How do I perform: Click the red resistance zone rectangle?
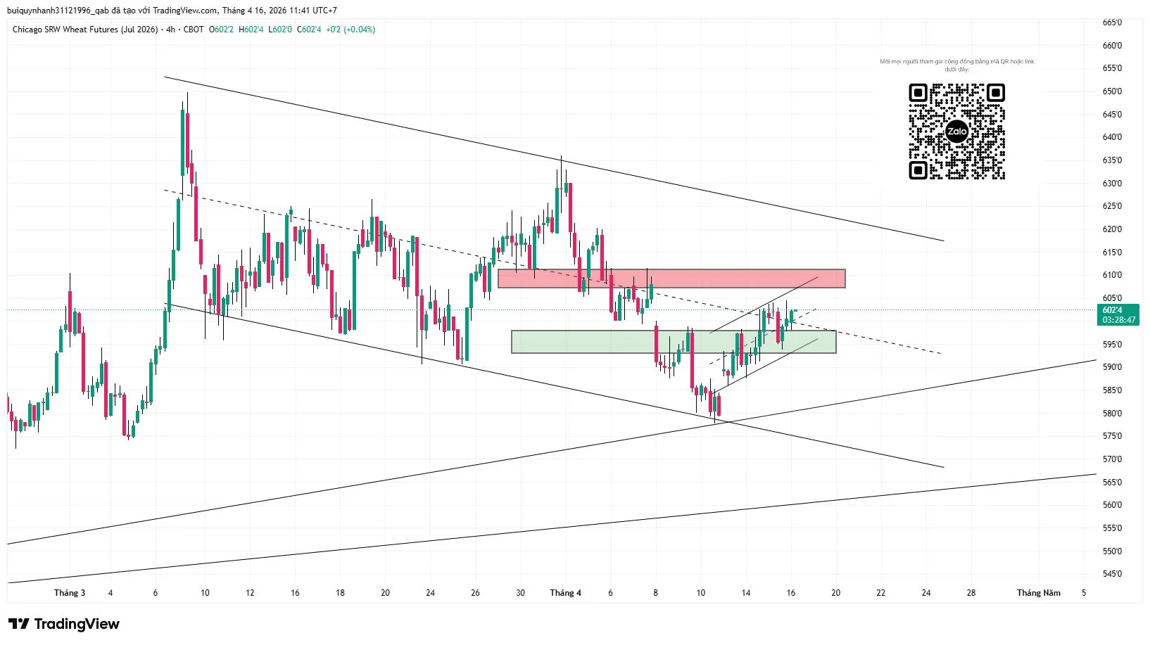coord(671,279)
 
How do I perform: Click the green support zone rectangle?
coord(673,342)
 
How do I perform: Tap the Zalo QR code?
coord(956,132)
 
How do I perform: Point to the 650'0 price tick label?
coord(1112,91)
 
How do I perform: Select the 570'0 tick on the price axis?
coord(1112,459)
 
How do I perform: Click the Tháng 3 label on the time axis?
coord(70,593)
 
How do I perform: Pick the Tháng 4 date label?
coord(565,593)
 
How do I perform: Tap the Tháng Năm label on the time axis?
coord(1038,593)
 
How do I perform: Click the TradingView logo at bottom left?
coord(64,624)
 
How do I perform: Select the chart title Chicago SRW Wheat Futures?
coord(85,30)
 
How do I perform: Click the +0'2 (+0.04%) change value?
coord(350,30)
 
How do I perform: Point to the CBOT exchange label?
coord(194,30)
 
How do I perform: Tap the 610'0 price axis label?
coord(1112,275)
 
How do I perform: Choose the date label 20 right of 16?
coord(835,593)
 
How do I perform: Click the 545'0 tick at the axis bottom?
coord(1112,574)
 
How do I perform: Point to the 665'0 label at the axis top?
coord(1112,23)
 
